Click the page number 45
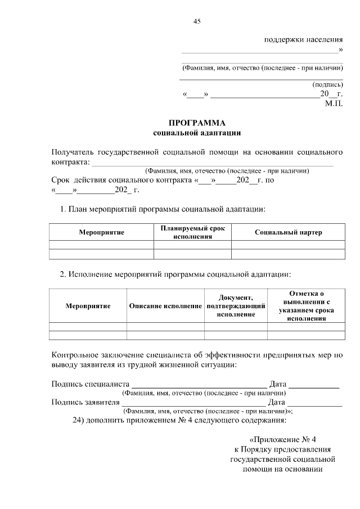coord(197,21)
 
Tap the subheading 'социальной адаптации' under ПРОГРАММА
coord(197,133)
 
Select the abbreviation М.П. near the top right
coord(334,103)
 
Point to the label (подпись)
coord(327,84)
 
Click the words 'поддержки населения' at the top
coord(303,40)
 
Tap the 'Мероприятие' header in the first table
coord(101,232)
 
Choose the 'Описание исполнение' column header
coord(165,305)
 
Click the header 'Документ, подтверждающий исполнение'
coord(236,305)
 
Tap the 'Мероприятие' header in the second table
coord(88,305)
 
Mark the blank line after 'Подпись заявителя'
coord(193,404)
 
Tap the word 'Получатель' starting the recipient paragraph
coord(73,152)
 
